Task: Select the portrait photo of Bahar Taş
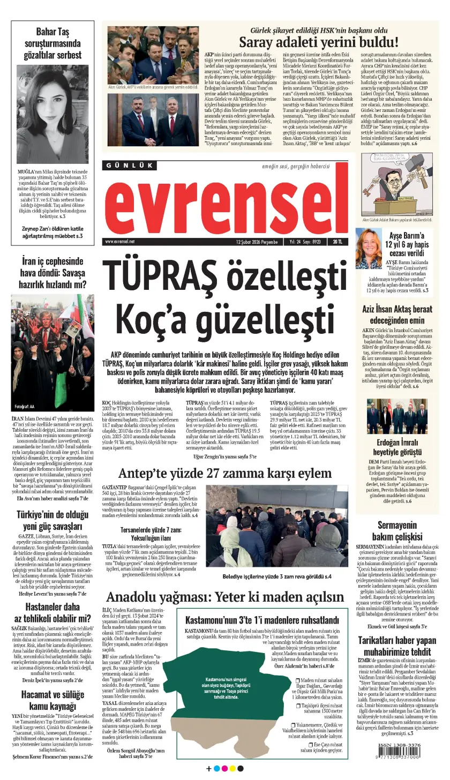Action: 52,114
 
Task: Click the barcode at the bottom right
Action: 399,755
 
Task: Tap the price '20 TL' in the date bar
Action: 337,242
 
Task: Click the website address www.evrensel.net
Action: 120,242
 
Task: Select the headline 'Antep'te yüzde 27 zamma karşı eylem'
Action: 224,474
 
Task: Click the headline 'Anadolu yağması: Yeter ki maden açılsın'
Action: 224,597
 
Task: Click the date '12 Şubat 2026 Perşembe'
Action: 257,242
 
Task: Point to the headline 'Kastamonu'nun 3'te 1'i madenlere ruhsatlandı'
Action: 262,620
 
